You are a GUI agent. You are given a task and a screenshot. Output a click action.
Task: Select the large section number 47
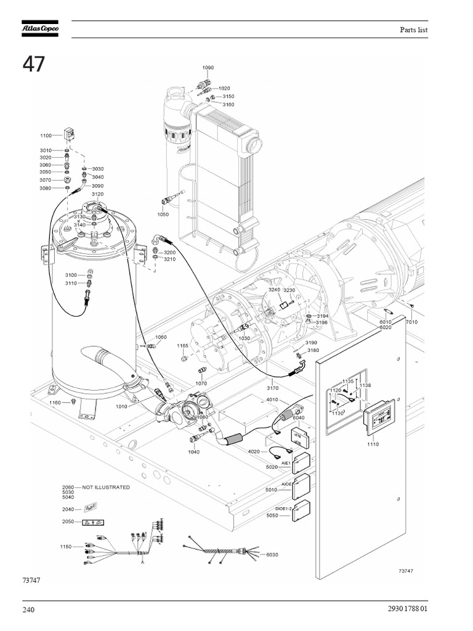tap(34, 65)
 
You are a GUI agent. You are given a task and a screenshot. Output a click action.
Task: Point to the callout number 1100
tap(46, 136)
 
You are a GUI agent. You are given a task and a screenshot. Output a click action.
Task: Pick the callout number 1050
tap(163, 214)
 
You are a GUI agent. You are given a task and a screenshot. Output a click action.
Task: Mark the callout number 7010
tap(411, 322)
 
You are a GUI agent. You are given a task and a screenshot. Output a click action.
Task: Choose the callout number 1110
tap(372, 444)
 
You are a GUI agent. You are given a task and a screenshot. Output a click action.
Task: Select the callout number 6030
tap(272, 555)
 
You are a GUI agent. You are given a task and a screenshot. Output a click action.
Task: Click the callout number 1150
tap(67, 547)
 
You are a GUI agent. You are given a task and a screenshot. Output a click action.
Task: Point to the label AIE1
tap(286, 463)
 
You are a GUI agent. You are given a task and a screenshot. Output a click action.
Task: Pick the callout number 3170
tap(272, 388)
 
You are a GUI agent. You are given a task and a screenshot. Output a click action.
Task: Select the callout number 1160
tap(55, 402)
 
